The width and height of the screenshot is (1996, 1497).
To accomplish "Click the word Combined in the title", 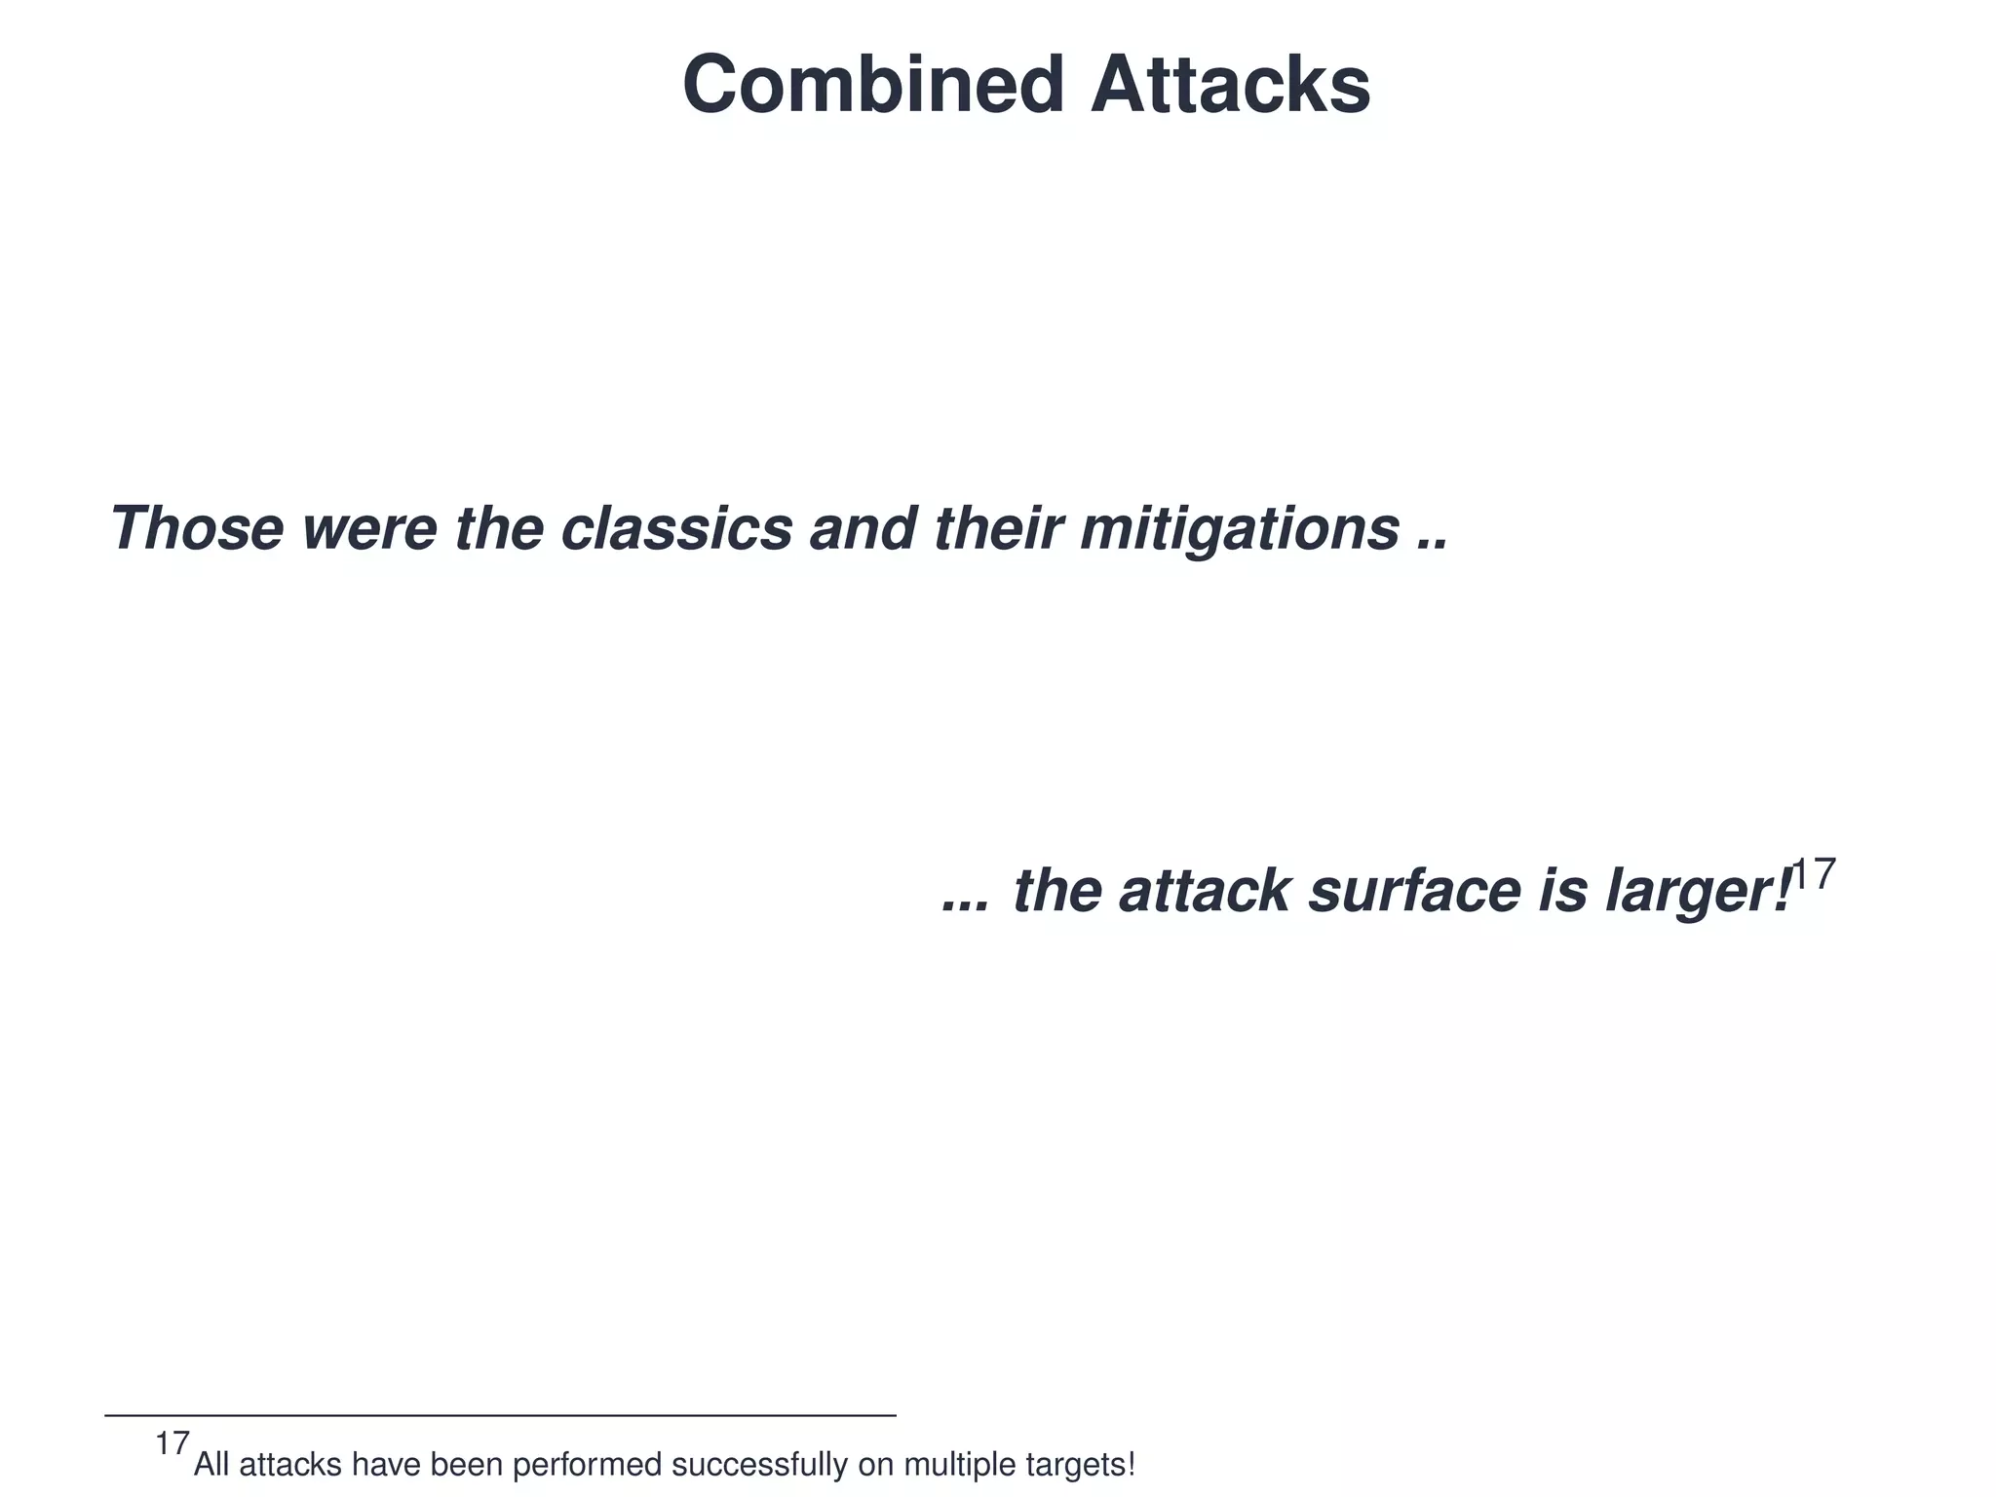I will click(x=872, y=86).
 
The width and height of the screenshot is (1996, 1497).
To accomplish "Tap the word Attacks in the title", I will click(x=1230, y=86).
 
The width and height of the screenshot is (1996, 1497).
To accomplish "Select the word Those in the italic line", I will click(x=196, y=528).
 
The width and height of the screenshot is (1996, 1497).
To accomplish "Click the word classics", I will click(x=676, y=528).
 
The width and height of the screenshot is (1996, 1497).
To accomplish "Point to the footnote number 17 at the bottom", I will click(x=172, y=1443).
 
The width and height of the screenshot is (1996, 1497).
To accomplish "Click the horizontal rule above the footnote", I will click(x=499, y=1415).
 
